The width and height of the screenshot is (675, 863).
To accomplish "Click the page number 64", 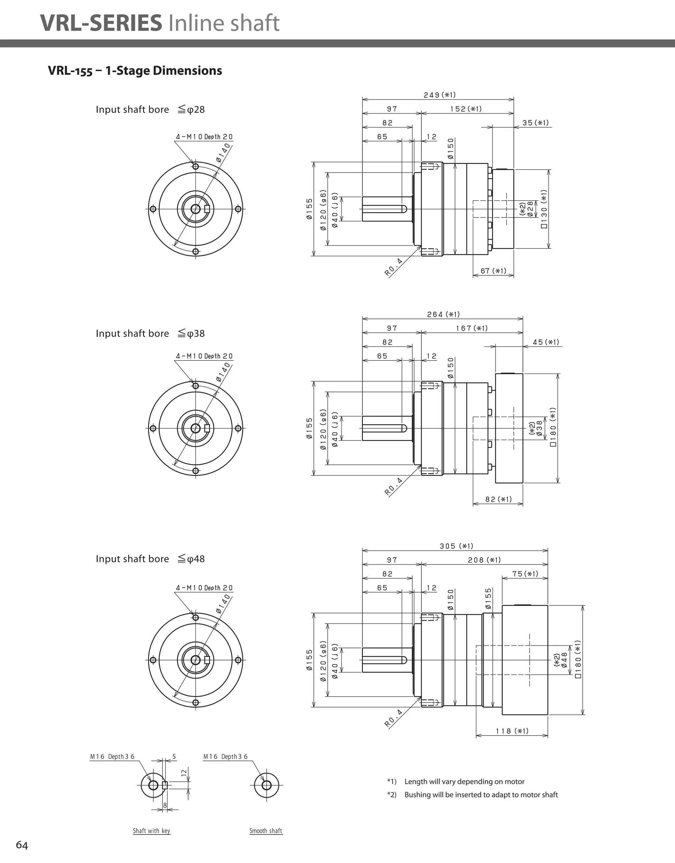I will click(x=22, y=845).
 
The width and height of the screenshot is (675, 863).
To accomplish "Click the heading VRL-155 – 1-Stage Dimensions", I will click(x=135, y=71).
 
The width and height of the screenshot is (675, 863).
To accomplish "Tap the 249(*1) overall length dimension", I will click(x=439, y=95).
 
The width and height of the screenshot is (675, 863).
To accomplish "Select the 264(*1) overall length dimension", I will click(x=443, y=314).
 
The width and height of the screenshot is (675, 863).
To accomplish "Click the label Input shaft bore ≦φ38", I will click(x=150, y=333).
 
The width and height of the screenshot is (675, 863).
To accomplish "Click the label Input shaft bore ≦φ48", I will click(x=150, y=559).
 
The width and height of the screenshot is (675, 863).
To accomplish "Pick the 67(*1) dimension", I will click(x=493, y=271).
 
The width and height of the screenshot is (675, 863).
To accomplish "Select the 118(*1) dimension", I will click(x=512, y=731).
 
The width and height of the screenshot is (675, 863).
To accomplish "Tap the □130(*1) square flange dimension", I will click(x=544, y=209).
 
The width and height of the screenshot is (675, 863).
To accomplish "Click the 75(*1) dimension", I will click(x=525, y=574).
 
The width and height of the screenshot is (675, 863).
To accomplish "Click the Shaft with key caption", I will click(x=152, y=831).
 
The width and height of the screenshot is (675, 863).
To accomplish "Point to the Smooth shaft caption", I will click(x=266, y=831).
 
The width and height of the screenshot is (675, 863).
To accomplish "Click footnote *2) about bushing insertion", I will click(x=473, y=794).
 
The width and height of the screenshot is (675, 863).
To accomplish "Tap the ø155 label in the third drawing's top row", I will click(x=488, y=599).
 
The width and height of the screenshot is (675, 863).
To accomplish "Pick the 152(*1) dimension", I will click(x=466, y=109).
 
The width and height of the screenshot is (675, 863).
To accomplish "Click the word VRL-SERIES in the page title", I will click(x=101, y=23).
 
